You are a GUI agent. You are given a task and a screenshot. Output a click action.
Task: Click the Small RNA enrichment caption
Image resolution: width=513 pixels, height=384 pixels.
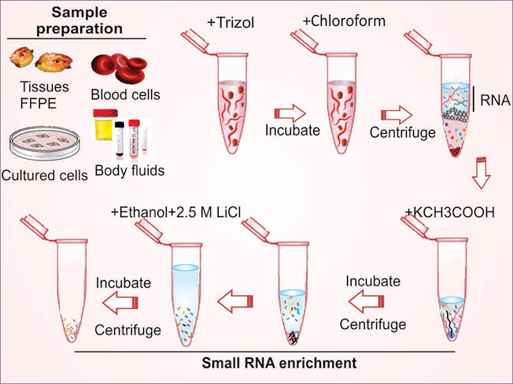[279, 363]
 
